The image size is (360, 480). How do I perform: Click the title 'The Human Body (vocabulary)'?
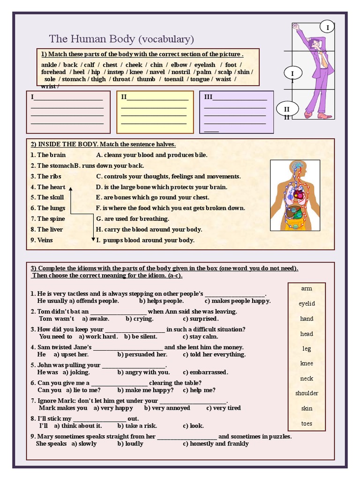click(x=121, y=39)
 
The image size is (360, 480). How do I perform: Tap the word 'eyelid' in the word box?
click(x=307, y=304)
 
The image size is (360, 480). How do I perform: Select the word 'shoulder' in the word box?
click(x=307, y=393)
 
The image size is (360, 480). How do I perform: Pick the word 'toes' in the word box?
click(x=307, y=424)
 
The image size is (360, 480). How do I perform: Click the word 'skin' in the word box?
click(x=307, y=408)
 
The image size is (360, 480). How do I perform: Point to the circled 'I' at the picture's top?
click(x=328, y=28)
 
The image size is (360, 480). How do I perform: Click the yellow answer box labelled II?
click(x=155, y=112)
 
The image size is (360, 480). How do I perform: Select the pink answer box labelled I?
click(x=67, y=112)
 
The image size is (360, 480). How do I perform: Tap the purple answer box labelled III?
click(x=236, y=112)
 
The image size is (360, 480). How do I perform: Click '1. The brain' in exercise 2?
click(x=48, y=155)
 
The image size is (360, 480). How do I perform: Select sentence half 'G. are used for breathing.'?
click(x=133, y=219)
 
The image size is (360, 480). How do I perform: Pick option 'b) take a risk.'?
click(x=137, y=426)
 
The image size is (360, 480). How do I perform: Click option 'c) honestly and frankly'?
click(x=216, y=444)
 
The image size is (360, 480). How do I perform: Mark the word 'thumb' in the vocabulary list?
click(x=146, y=79)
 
